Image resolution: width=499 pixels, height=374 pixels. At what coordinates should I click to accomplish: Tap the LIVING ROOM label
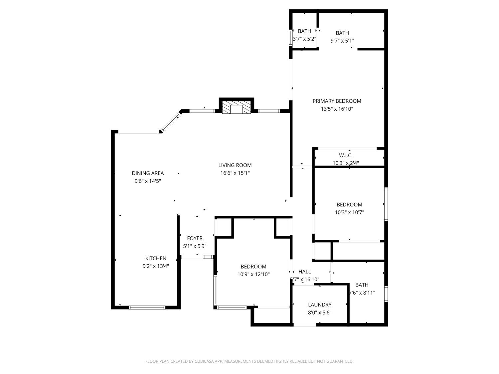(x=235, y=165)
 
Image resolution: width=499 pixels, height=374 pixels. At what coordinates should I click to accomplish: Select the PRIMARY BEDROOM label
(x=337, y=101)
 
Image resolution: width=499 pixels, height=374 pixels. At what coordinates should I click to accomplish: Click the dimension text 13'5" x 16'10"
(x=337, y=109)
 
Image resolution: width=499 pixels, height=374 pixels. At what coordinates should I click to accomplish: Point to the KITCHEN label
(x=156, y=258)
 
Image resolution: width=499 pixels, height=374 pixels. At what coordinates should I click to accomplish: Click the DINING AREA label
(x=148, y=173)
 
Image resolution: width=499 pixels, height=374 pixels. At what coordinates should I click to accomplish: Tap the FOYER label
(x=195, y=238)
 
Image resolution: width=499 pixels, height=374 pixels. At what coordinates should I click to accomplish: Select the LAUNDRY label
(x=320, y=305)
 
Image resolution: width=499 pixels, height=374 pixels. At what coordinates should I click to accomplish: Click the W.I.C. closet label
(x=346, y=155)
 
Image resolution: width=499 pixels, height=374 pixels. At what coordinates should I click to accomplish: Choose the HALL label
(x=304, y=272)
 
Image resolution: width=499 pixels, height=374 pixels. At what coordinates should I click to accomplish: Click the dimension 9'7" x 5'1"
(x=342, y=41)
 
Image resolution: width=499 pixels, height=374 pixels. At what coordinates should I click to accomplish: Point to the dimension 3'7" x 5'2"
(x=304, y=39)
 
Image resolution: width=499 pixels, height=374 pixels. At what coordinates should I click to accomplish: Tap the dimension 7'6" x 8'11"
(x=362, y=293)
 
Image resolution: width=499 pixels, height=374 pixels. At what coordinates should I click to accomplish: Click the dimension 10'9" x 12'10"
(x=253, y=275)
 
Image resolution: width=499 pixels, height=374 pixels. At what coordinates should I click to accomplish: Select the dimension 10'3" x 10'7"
(x=349, y=213)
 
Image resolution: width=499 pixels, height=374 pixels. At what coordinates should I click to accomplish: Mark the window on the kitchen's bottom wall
(x=147, y=308)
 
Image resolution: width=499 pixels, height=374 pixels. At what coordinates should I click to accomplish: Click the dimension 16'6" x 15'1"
(x=235, y=173)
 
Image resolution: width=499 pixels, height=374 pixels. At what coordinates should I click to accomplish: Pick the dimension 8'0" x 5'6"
(x=320, y=313)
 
